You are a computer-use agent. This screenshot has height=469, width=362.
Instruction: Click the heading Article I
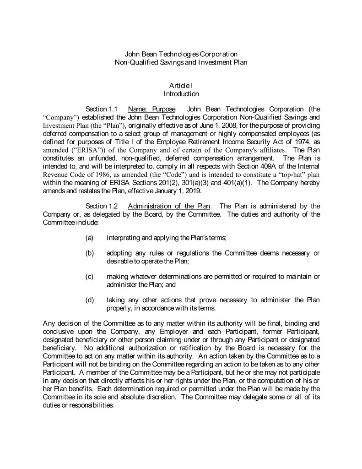coord(181,86)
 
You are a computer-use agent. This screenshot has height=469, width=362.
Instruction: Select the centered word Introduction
coord(181,94)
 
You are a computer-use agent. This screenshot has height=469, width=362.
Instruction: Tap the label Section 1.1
coord(103,109)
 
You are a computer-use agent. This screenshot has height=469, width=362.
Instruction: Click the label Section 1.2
coord(103,206)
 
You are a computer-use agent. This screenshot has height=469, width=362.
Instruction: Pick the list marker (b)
coord(90,253)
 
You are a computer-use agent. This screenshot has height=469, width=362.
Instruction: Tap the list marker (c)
coord(90,276)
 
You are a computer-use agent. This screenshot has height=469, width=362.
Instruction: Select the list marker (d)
coord(90,300)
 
